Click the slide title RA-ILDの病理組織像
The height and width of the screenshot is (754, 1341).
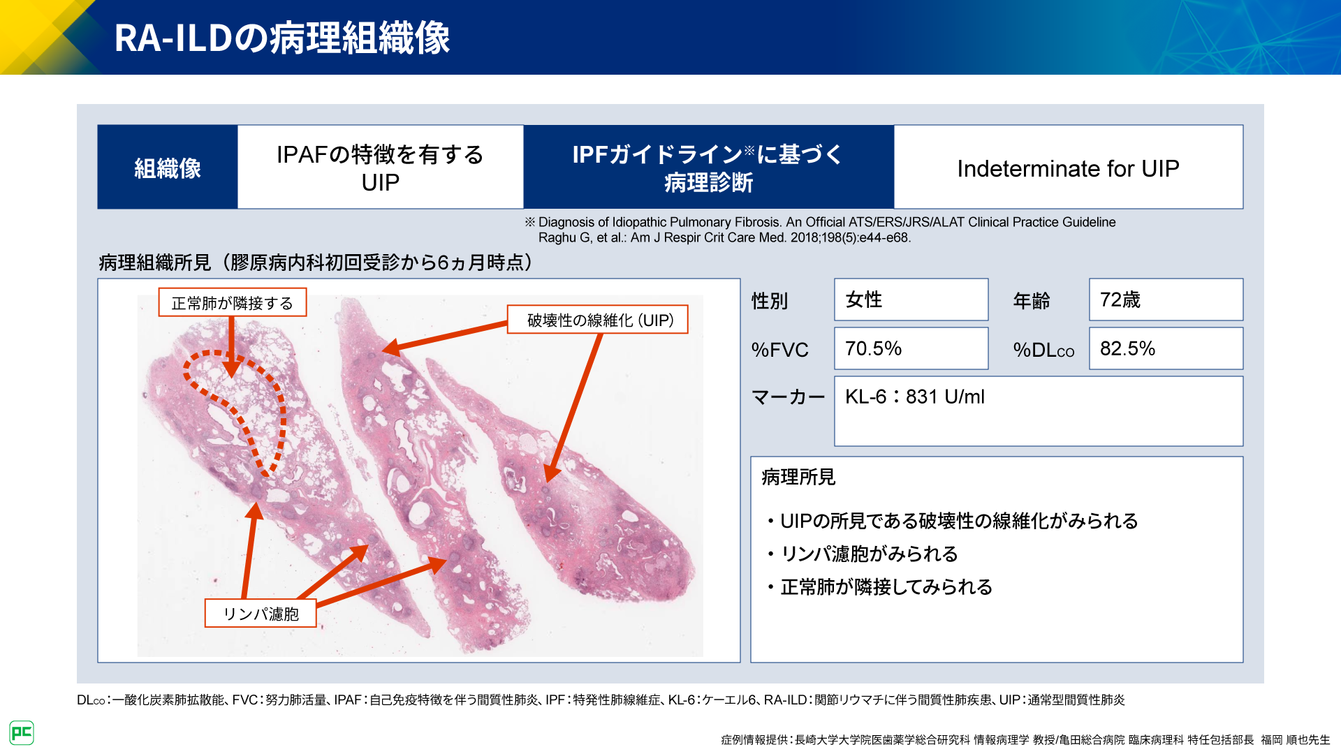[x=282, y=38]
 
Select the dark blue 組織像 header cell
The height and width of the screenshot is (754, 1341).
[x=168, y=168]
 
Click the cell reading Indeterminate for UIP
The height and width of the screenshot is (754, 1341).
[x=1068, y=168]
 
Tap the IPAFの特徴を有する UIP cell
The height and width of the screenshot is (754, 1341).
[x=381, y=168]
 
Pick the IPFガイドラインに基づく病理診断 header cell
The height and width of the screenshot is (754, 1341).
[x=708, y=168]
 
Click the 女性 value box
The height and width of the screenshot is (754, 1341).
[x=911, y=300]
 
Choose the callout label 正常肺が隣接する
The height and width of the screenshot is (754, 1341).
[x=233, y=302]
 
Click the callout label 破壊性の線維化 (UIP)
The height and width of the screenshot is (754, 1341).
[x=598, y=320]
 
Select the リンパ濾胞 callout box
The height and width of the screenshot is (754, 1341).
[x=261, y=614]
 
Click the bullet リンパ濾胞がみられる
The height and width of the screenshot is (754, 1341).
[x=863, y=554]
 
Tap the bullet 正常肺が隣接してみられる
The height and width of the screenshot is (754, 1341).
[x=879, y=587]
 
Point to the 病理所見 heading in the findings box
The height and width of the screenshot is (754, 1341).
[x=798, y=478]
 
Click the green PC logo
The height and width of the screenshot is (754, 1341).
[x=22, y=732]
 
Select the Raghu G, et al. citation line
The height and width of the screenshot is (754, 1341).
[x=724, y=238]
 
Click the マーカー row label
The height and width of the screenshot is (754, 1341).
[x=788, y=397]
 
